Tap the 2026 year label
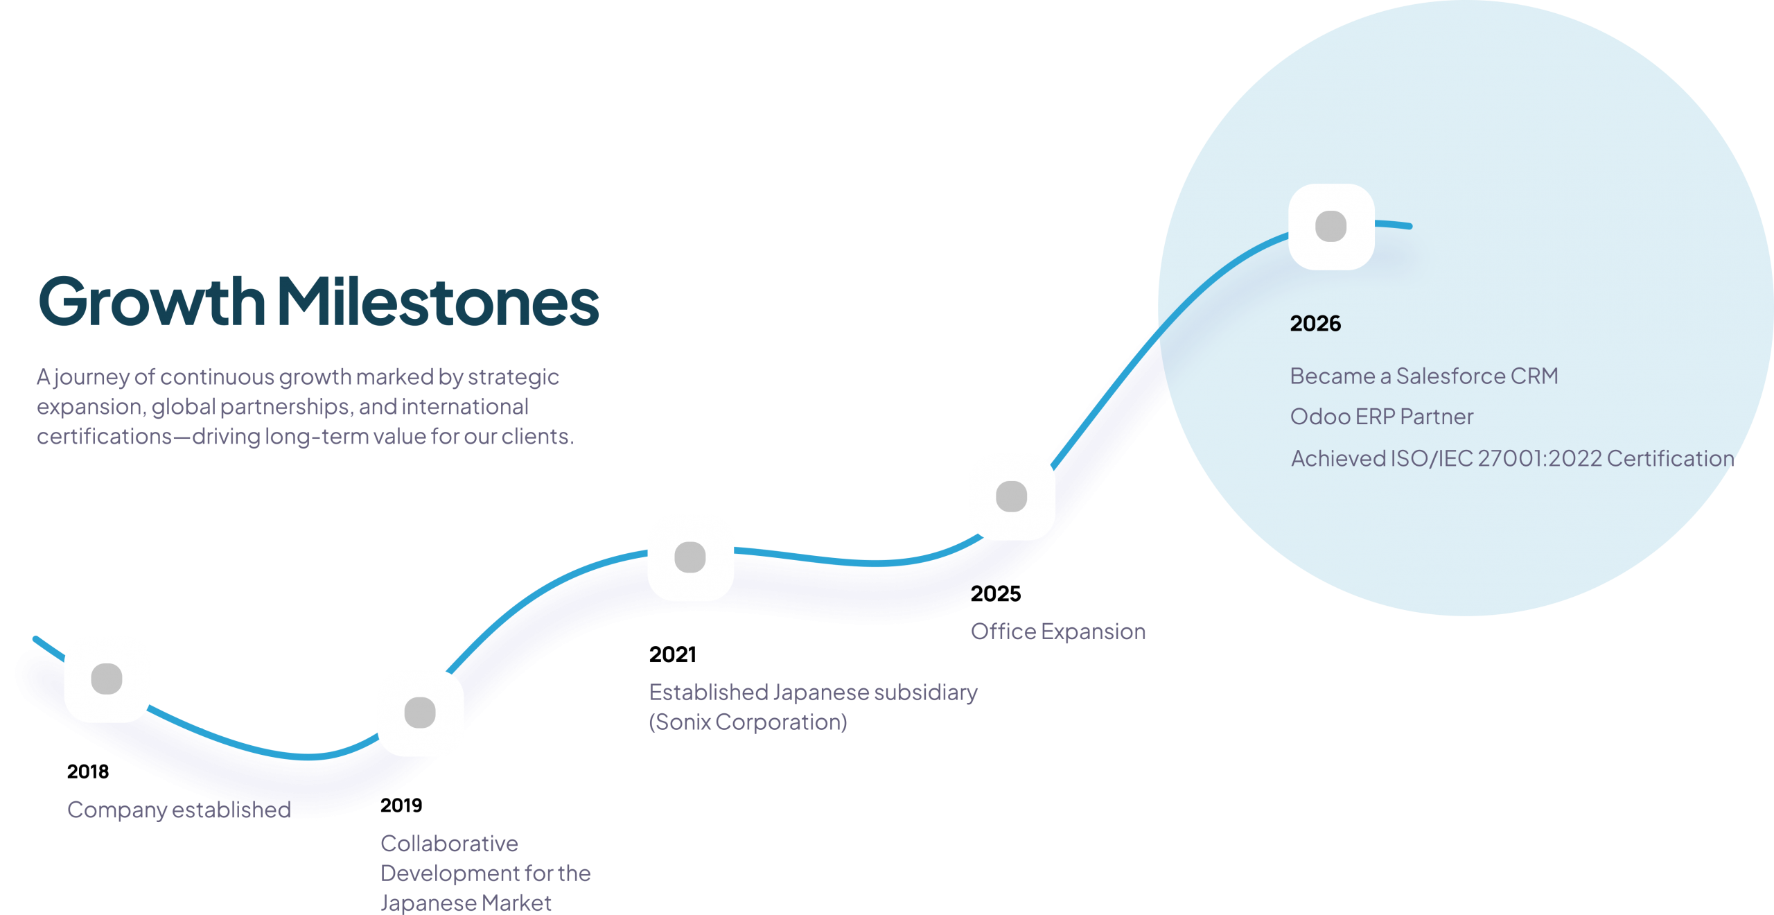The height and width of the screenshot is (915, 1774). [1315, 324]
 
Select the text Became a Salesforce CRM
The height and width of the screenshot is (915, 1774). [1423, 376]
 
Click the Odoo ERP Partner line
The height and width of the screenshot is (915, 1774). [1381, 417]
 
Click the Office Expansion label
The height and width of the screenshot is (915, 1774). [1057, 632]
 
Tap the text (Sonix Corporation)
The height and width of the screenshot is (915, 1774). [748, 722]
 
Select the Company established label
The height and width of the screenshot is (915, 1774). [179, 810]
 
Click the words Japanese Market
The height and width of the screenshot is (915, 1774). [466, 903]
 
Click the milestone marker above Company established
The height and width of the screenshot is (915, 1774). [107, 679]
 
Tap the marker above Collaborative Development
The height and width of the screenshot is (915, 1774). [420, 713]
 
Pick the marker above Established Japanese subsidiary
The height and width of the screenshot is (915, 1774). [690, 557]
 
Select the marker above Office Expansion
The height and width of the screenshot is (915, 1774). [1011, 496]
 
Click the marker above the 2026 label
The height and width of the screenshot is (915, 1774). [1330, 227]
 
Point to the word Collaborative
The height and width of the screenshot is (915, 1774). [449, 844]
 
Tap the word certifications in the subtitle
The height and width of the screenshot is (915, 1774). [104, 437]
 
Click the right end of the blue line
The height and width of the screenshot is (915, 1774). [1409, 226]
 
